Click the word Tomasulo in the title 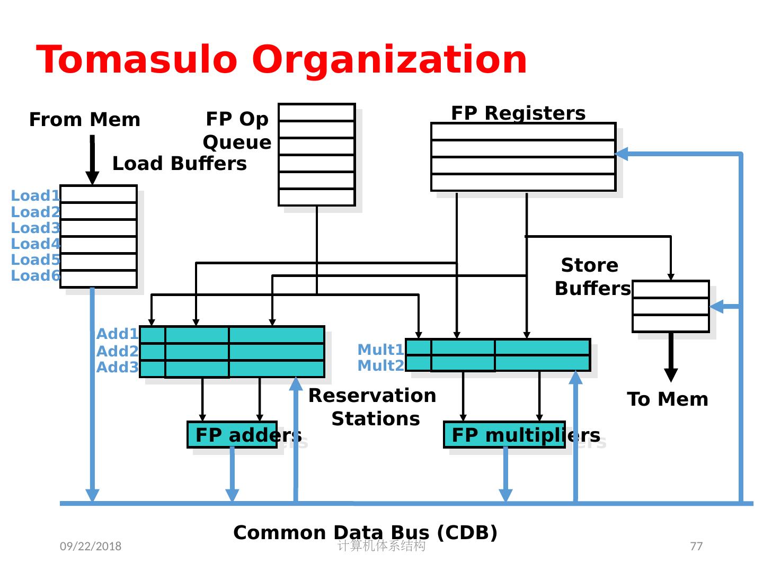coord(137,59)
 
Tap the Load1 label coord(36,195)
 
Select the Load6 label coord(36,275)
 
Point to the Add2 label coord(118,351)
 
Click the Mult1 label coord(380,350)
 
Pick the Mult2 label coord(380,365)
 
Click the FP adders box coord(232,435)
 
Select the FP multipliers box coord(504,435)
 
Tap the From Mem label coord(85,120)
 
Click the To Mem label coord(668,399)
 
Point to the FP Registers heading coord(518,113)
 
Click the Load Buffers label coord(180,163)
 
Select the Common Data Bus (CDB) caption coord(365,532)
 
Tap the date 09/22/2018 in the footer coord(91,546)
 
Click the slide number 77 coord(696,546)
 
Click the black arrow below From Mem coord(92,160)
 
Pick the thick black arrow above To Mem coord(671,358)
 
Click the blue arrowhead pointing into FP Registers coord(622,154)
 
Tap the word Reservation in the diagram coord(372,396)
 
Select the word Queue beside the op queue coord(237,142)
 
